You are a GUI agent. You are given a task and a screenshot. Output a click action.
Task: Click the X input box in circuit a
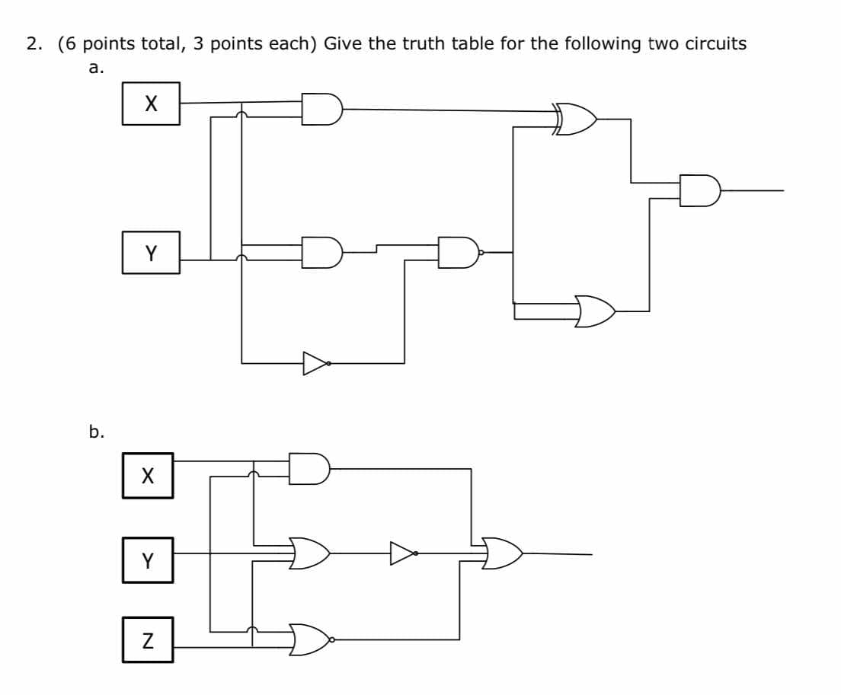coord(151,104)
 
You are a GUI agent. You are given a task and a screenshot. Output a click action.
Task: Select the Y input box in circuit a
coord(151,253)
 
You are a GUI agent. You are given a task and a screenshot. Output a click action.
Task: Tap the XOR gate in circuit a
coord(577,120)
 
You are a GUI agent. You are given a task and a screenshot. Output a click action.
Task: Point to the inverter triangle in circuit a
coord(315,363)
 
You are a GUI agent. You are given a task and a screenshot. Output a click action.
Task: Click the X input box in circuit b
coord(147,476)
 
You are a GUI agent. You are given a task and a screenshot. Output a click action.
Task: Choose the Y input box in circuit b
coord(147,560)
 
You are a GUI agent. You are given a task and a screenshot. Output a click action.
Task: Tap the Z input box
coord(147,640)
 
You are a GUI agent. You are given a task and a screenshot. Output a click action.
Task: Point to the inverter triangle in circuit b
coord(402,553)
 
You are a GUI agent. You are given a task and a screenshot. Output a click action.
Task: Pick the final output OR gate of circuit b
coord(503,553)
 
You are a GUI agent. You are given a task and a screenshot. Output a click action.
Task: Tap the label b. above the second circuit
coord(96,432)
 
